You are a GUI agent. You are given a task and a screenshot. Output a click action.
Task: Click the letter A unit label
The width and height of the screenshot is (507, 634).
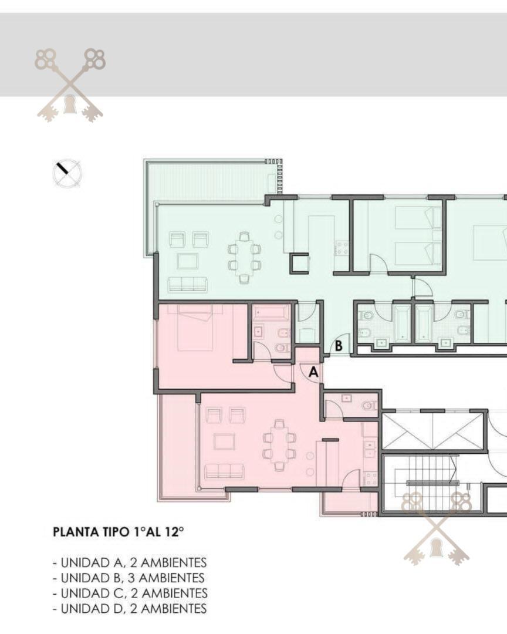pos(313,372)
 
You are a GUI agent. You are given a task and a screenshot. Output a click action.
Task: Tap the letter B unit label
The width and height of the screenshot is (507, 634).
pos(339,346)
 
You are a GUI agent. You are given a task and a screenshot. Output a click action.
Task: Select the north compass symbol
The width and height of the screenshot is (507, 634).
pos(67,173)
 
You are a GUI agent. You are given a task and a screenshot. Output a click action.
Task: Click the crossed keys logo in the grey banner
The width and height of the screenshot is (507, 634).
pos(70,86)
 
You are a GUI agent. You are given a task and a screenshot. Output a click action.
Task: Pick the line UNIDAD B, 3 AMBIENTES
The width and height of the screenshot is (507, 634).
pos(130,578)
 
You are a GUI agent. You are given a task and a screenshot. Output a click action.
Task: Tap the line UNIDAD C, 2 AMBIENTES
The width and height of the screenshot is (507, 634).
pos(130,593)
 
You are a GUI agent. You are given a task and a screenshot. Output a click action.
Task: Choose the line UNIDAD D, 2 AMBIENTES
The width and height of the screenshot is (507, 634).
pos(130,608)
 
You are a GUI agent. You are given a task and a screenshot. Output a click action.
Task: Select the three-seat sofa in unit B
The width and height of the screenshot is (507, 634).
pos(187,285)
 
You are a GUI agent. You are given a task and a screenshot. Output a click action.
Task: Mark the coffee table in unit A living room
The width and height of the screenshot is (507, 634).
pos(224,441)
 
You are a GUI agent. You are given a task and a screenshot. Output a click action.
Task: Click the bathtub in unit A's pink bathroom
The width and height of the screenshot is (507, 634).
pos(271,312)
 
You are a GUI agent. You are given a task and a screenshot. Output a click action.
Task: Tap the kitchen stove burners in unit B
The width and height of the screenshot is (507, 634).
pos(342,248)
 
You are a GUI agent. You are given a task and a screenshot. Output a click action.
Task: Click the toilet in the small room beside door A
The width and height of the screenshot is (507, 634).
pos(369,406)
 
